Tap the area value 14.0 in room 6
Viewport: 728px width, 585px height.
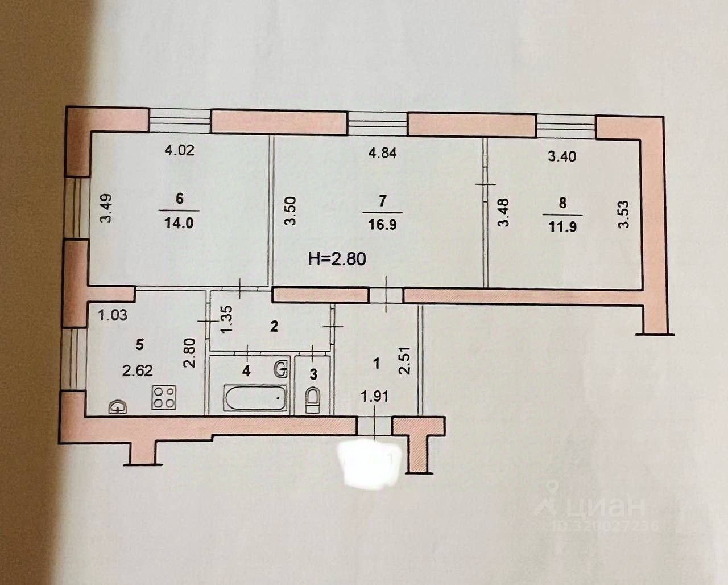[x=180, y=223]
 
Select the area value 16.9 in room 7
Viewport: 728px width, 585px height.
[x=382, y=224]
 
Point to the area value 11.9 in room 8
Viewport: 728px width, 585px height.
[x=557, y=224]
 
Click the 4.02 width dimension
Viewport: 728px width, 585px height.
[x=180, y=151]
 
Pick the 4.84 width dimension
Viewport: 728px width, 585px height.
[x=382, y=153]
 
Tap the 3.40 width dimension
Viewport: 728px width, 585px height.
[x=561, y=156]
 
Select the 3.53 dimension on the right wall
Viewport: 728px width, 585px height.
[x=624, y=213]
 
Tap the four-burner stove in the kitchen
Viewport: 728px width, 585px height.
[x=164, y=397]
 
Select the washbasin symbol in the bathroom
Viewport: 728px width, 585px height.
[x=280, y=369]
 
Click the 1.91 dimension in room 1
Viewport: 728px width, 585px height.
[x=375, y=396]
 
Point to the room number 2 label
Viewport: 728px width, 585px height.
[x=274, y=326]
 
